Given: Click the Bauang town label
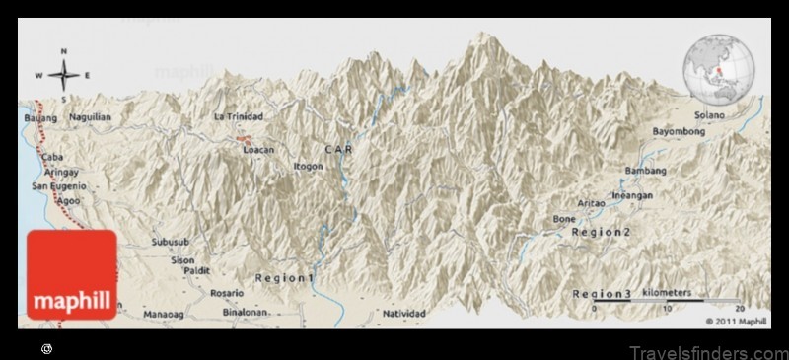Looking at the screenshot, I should (x=35, y=117).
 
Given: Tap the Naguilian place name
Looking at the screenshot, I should (x=91, y=117).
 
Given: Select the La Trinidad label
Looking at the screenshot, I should (x=239, y=116).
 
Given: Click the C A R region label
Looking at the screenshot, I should (x=338, y=149).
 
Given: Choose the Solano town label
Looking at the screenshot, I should (x=708, y=115).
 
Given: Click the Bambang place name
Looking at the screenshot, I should (x=645, y=171).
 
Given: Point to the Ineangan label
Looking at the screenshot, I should (x=632, y=195).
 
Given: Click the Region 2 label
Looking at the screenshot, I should (x=601, y=232).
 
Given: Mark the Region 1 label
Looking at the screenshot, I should (x=284, y=278).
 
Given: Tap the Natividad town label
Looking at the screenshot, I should (x=403, y=314).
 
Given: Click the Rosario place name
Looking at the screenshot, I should (x=227, y=292).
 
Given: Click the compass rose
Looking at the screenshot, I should (x=63, y=75).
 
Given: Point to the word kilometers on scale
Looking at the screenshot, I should (x=667, y=293).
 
